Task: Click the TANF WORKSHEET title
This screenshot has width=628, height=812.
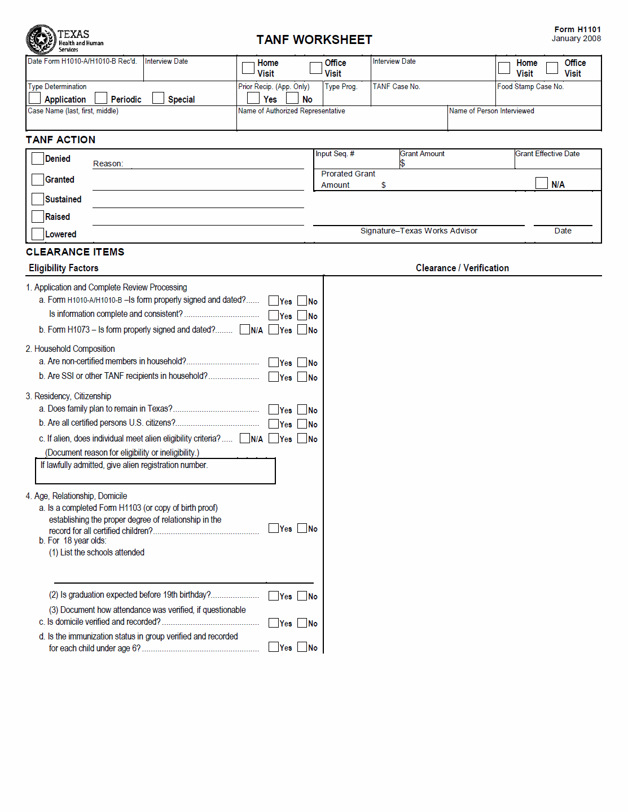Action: pos(314,40)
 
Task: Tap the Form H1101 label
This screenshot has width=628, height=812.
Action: pos(577,29)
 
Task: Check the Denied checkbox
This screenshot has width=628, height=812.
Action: pos(38,158)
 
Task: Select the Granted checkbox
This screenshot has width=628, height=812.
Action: pos(38,179)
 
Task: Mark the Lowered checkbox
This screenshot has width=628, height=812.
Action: pos(38,234)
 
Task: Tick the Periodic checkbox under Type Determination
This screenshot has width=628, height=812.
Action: pos(101,98)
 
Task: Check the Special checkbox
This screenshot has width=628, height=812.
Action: pos(159,98)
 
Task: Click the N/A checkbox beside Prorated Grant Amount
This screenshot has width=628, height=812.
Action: pos(542,183)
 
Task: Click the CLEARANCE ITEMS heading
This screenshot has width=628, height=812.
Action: pos(75,252)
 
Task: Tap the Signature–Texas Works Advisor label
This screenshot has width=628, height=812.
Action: pos(419,231)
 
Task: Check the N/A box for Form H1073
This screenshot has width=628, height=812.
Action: pos(245,329)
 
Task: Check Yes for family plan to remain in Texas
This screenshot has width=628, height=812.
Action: pos(274,409)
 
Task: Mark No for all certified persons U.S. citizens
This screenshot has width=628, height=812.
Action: pos(302,423)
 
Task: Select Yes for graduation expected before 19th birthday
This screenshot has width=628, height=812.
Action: pos(274,595)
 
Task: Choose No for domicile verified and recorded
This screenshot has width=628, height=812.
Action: pos(302,623)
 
